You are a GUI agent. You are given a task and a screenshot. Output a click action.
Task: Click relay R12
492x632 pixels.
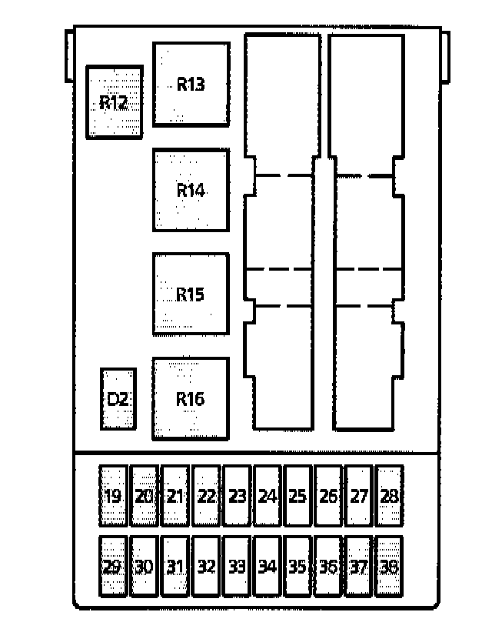pyautogui.click(x=114, y=102)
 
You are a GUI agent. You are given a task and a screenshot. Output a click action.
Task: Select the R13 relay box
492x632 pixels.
pyautogui.click(x=191, y=84)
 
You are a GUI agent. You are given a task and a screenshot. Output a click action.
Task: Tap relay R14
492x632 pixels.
pyautogui.click(x=191, y=190)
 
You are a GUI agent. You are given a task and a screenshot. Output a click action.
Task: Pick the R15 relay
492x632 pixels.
pyautogui.click(x=191, y=294)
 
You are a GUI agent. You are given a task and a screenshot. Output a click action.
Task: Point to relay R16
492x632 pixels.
pyautogui.click(x=191, y=398)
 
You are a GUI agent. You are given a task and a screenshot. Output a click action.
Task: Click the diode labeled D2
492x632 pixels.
pyautogui.click(x=118, y=399)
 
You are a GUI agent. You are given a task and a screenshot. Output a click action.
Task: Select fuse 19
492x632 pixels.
pyautogui.click(x=113, y=496)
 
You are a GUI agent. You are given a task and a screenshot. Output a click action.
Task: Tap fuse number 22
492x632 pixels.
pyautogui.click(x=205, y=496)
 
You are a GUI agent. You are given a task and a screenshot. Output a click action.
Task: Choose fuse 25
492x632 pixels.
pyautogui.click(x=298, y=496)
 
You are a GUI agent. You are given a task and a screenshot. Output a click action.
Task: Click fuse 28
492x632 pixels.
pyautogui.click(x=390, y=496)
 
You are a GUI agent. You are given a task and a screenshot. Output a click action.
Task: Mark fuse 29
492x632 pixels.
pyautogui.click(x=113, y=567)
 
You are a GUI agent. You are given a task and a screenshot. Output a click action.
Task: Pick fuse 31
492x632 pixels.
pyautogui.click(x=175, y=567)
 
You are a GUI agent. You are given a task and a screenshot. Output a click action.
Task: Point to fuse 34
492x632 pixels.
pyautogui.click(x=267, y=567)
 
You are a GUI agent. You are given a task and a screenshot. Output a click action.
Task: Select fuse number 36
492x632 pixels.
pyautogui.click(x=328, y=567)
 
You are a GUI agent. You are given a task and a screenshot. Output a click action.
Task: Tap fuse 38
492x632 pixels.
pyautogui.click(x=390, y=567)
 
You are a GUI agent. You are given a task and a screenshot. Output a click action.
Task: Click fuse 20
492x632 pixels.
pyautogui.click(x=144, y=496)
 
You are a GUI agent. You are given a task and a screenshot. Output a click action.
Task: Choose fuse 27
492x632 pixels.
pyautogui.click(x=359, y=496)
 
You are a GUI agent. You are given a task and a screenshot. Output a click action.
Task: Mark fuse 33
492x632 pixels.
pyautogui.click(x=236, y=567)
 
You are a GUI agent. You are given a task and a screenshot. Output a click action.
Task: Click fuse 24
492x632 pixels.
pyautogui.click(x=267, y=496)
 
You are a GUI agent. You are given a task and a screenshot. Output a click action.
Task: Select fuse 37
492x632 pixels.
pyautogui.click(x=359, y=567)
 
